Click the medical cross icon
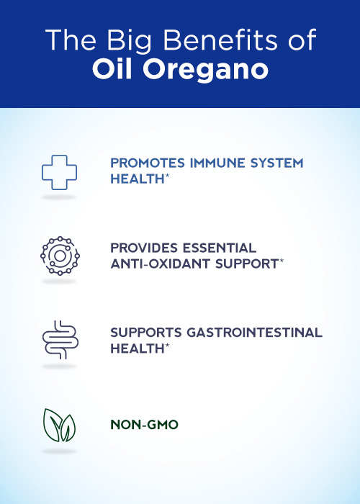[x=60, y=156]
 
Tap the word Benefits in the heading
[x=220, y=40]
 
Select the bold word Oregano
[x=205, y=70]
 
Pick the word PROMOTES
[x=148, y=163]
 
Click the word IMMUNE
[x=217, y=163]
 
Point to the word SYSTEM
[x=276, y=163]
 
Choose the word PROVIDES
[x=144, y=248]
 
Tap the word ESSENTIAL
[x=220, y=248]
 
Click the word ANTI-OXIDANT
[x=161, y=264]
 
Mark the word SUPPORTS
[x=146, y=333]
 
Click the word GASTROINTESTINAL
[x=255, y=333]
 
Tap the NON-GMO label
[x=144, y=425]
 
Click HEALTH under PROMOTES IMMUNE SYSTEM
[x=138, y=179]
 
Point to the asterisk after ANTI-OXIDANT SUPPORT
[x=282, y=261]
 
